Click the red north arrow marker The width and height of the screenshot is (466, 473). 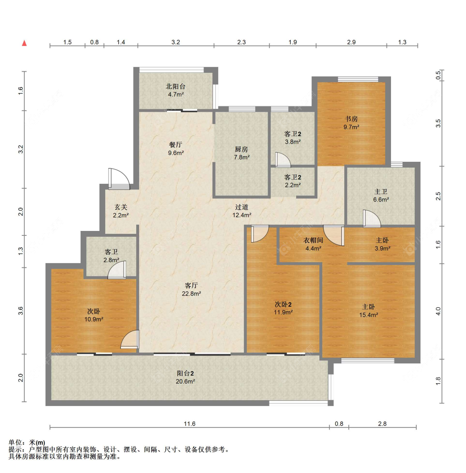24,43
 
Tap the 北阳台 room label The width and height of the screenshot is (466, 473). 176,86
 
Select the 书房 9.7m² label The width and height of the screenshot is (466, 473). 351,123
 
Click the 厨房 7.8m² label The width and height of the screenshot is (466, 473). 241,153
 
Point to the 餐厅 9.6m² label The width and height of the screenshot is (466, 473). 176,149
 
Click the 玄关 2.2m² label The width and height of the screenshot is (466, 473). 121,211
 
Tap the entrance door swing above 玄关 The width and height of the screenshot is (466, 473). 119,179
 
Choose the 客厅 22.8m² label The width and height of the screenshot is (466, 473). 191,289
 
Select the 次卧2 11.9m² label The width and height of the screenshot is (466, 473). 283,308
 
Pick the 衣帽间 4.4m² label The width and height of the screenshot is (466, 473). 313,244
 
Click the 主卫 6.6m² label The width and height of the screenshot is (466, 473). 381,196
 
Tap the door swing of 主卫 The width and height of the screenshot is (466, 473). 372,218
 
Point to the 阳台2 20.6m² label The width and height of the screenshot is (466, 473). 185,377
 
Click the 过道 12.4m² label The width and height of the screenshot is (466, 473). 241,211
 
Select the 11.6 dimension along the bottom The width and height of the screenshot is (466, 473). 190,424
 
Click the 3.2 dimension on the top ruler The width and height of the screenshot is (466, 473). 176,42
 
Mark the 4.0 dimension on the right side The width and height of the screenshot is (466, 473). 438,311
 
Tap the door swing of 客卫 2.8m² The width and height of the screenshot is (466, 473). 117,270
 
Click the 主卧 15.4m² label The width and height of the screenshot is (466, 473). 369,311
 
